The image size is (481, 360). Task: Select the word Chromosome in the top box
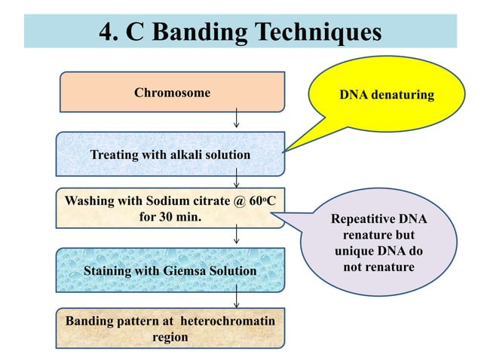coord(172,93)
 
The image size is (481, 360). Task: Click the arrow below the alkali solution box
coord(237,178)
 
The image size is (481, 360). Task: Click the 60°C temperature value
coord(265,202)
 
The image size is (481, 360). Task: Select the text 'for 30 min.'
coord(171,217)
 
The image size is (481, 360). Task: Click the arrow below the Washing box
coord(237,236)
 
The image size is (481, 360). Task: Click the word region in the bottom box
coord(170,337)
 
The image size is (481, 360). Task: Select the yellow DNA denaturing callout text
coord(386,95)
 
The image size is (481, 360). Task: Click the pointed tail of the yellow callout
coord(288,151)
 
